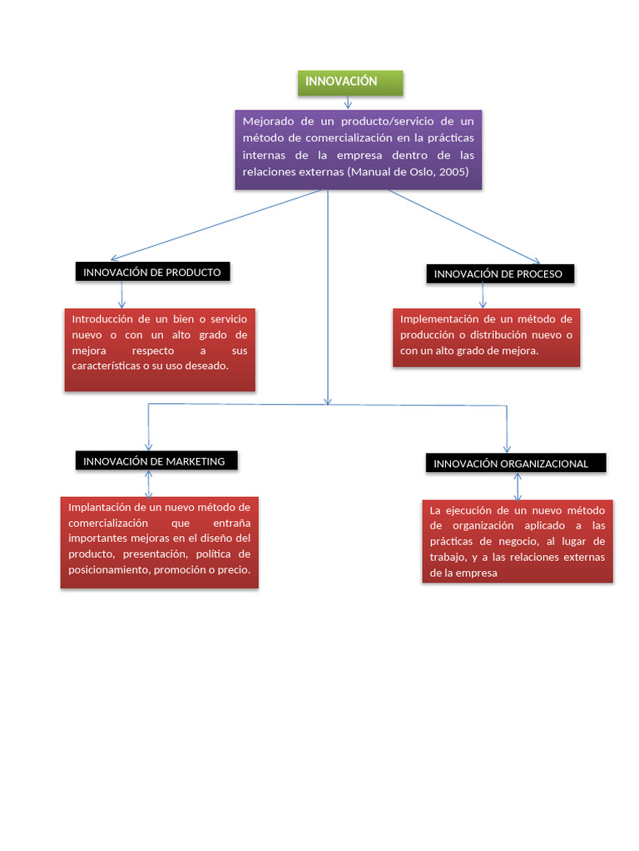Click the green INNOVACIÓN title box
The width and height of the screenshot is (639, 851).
coord(350,83)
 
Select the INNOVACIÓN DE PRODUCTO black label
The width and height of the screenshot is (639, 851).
coord(153,272)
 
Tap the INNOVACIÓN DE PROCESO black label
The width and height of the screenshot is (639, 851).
coord(500,273)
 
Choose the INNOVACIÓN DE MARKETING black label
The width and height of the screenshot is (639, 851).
coord(156,460)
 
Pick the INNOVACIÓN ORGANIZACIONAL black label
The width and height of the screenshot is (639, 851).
coord(516,463)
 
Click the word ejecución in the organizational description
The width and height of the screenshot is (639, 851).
coord(468,510)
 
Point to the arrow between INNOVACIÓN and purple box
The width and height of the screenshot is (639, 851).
coord(348,102)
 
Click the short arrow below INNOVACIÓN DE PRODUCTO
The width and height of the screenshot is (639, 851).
coord(121,295)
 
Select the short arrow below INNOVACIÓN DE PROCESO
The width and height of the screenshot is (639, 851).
coord(483,296)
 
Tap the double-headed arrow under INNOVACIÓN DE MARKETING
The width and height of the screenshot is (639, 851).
coord(148,485)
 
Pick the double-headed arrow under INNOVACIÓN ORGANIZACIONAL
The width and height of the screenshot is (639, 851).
coord(518,487)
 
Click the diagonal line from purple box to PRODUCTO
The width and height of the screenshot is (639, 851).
coord(216,224)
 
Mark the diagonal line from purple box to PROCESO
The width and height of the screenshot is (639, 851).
coord(464,227)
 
